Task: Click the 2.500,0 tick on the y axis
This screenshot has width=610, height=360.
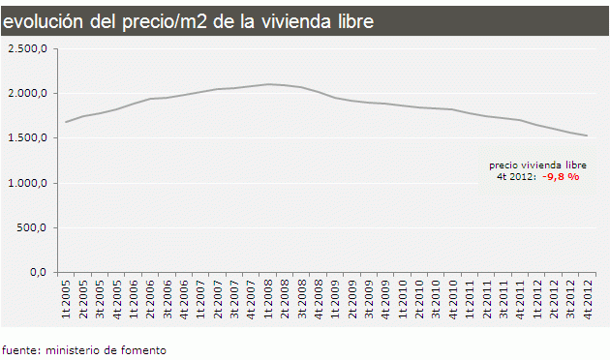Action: coord(28,48)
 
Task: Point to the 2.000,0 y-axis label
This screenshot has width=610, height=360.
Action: coord(28,93)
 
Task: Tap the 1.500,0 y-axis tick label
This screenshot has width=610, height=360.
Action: coord(28,138)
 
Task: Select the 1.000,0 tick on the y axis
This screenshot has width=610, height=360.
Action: coord(28,183)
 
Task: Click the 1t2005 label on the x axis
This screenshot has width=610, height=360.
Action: coord(67,299)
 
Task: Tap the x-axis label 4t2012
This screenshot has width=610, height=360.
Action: coord(586,299)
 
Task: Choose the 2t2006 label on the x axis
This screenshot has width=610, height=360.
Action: coord(150,299)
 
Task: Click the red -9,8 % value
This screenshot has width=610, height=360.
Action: coord(561,177)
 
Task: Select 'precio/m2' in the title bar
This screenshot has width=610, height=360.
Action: coord(158,19)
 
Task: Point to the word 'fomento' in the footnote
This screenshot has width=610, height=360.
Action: coord(143,349)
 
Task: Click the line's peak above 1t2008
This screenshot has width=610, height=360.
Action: coord(268,84)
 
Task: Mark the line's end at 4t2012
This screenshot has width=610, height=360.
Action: coord(587,135)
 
